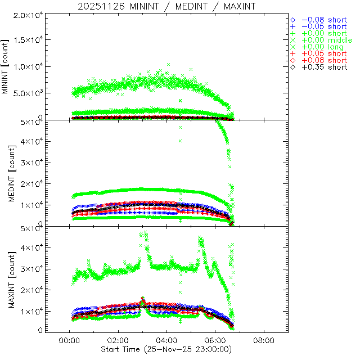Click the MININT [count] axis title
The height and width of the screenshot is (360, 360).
6,66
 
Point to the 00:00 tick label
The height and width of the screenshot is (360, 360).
69,341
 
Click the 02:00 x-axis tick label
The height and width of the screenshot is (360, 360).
118,341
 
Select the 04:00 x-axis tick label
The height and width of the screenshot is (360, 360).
166,341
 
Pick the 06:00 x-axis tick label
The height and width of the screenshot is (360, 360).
215,341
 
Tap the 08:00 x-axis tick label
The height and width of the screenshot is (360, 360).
264,341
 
